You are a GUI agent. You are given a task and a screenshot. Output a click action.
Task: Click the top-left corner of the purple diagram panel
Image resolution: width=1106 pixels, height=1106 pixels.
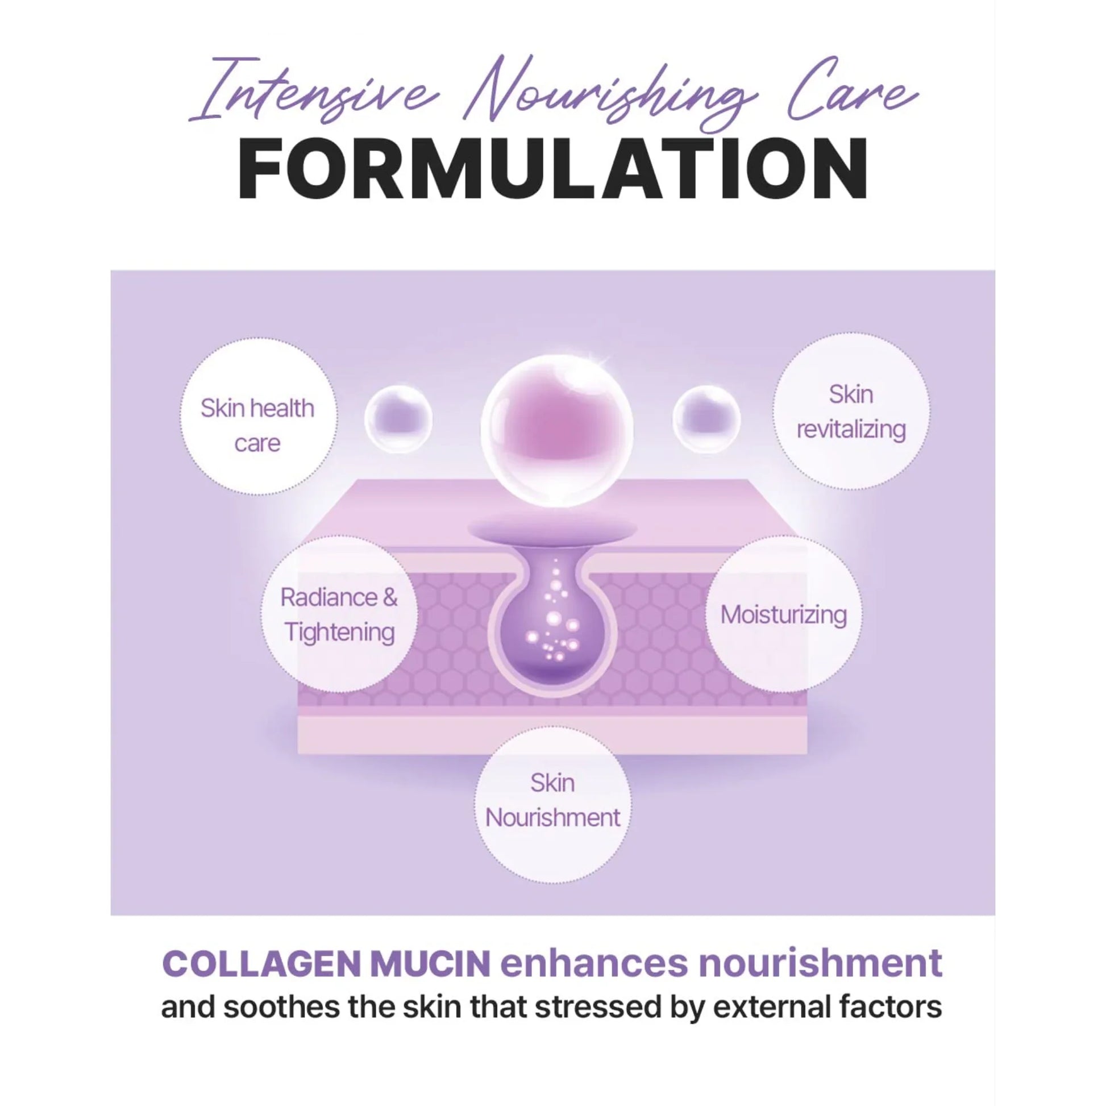coord(110,270)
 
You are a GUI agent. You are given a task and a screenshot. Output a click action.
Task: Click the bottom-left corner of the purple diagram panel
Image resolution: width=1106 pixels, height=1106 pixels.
coord(110,916)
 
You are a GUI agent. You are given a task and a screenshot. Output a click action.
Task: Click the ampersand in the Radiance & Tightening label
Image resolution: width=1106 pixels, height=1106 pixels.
coord(390,598)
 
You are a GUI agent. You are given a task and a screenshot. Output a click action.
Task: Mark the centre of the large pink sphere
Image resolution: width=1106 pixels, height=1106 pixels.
coord(557,430)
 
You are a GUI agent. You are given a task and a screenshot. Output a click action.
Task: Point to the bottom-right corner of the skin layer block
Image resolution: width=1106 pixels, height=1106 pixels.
coord(807,754)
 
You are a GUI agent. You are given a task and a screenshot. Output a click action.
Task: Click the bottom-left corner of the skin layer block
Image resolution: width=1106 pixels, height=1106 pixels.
coord(298,754)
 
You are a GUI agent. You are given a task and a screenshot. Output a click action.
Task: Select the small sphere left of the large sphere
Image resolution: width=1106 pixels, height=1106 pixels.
coord(398,419)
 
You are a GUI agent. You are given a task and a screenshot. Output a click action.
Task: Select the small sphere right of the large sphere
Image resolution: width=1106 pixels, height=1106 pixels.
coord(706,419)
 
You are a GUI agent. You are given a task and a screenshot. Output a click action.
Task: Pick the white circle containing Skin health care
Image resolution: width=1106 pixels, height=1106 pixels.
coord(259,416)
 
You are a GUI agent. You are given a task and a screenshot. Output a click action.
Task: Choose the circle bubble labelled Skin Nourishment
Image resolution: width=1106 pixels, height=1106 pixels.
coord(553,804)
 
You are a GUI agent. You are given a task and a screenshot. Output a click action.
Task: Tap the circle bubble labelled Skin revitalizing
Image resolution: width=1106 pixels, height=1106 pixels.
coord(851,411)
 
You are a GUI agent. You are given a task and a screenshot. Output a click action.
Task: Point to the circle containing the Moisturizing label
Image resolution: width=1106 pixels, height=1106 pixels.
coord(784,614)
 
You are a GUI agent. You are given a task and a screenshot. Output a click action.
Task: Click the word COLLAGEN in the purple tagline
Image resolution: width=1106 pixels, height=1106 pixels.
coord(261,964)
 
